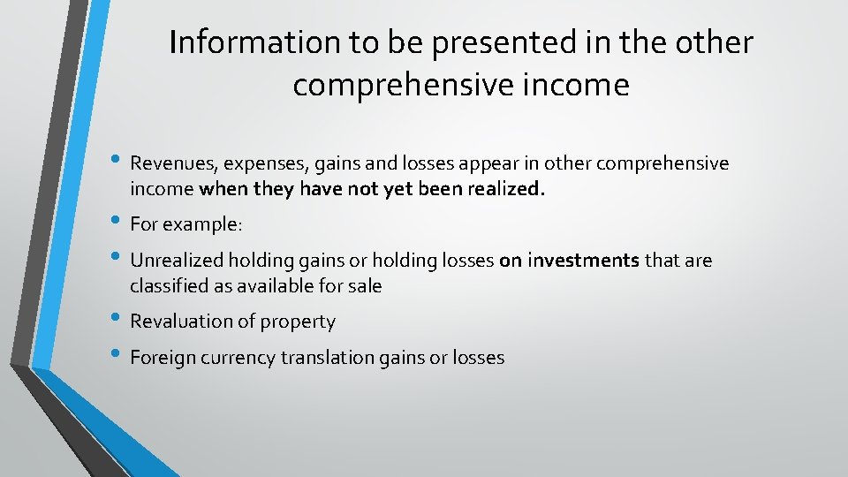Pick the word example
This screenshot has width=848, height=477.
202,224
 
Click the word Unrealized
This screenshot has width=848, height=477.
176,260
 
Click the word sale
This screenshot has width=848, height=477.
364,285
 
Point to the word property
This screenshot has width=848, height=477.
302,322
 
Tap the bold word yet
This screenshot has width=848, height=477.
401,188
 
